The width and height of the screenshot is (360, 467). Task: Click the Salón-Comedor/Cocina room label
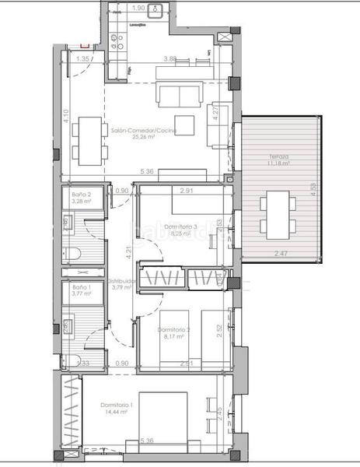pos(143,131)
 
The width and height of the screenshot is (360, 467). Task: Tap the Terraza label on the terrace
pos(278,157)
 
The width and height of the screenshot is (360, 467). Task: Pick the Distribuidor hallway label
pos(124,281)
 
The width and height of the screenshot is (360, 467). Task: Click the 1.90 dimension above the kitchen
pos(139,8)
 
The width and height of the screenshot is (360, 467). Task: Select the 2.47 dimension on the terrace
pos(281,254)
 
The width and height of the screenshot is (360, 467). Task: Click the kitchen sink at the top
pos(154,10)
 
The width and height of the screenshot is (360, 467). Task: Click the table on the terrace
pos(276,216)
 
